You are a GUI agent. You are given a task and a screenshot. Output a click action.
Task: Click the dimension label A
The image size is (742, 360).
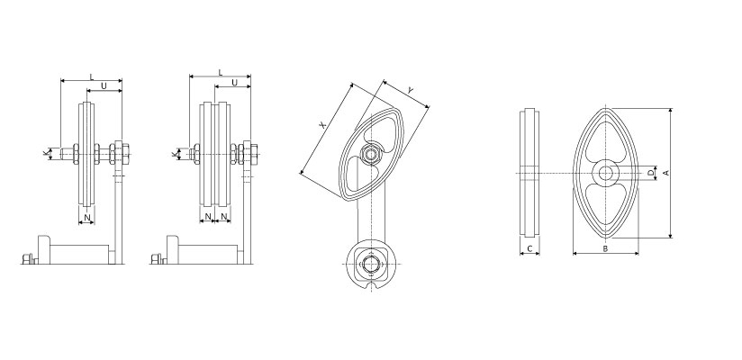point(665,173)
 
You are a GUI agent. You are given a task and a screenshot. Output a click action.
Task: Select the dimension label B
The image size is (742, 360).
point(605,248)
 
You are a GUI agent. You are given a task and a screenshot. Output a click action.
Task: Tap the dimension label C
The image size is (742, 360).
point(529,248)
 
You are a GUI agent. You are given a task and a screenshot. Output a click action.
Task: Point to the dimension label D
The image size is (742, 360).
point(651,173)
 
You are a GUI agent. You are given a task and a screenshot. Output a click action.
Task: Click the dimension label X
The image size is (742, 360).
point(322,125)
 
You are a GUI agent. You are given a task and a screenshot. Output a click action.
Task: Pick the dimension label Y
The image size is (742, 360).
point(411,90)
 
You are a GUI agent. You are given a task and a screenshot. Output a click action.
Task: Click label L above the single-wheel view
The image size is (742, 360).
point(92,76)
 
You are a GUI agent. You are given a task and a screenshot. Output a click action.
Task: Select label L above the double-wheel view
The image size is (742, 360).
point(220,72)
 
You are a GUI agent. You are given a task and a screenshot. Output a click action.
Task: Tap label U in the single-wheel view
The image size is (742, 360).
point(104,86)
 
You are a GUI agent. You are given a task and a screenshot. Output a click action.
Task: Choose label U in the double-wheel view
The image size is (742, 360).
point(234,83)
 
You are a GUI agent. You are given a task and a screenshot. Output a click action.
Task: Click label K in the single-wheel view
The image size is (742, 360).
point(46,153)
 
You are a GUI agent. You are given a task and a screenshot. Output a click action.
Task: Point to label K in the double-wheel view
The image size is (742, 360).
point(174,153)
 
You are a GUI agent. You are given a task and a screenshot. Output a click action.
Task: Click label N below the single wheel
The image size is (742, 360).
point(86,218)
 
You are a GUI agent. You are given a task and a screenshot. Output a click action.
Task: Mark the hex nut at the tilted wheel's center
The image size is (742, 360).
point(370,154)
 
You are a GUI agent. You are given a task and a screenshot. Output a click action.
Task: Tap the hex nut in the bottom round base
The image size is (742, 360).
point(372,264)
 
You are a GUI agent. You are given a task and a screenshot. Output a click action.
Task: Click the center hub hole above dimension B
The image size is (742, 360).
point(605,173)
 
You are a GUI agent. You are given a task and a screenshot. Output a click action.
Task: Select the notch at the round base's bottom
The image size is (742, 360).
point(372,284)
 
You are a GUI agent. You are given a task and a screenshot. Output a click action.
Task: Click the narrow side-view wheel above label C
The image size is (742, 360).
point(529,173)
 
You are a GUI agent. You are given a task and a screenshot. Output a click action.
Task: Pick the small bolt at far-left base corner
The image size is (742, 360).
point(27,259)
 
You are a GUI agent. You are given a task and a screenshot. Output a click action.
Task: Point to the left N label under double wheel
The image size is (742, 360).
point(208,218)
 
